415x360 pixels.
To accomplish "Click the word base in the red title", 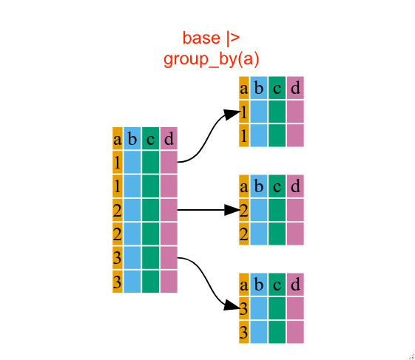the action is [x=201, y=38].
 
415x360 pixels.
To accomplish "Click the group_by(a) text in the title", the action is [x=212, y=59].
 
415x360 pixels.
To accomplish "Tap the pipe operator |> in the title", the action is [x=233, y=38].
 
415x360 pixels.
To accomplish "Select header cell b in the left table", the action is [x=132, y=138].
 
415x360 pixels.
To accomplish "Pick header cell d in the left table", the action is [x=169, y=138].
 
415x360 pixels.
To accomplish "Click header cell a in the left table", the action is [x=118, y=138].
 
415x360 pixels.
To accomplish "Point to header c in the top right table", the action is [x=277, y=88].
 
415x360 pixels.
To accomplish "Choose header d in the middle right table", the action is [x=295, y=186].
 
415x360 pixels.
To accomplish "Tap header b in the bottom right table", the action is [x=259, y=285].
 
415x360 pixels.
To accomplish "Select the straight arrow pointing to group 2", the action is [x=209, y=210].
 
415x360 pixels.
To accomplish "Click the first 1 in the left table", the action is [x=118, y=162].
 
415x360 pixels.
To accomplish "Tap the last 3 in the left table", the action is [x=118, y=282].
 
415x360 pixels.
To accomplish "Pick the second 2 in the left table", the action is [x=118, y=234].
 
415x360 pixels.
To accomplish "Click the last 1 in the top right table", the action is [x=244, y=135].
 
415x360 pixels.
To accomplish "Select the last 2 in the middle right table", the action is [x=244, y=234].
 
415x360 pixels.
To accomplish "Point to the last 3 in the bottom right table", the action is [x=244, y=332].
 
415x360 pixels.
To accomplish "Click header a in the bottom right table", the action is [x=244, y=285].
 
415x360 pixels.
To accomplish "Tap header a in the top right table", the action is [x=244, y=88].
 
